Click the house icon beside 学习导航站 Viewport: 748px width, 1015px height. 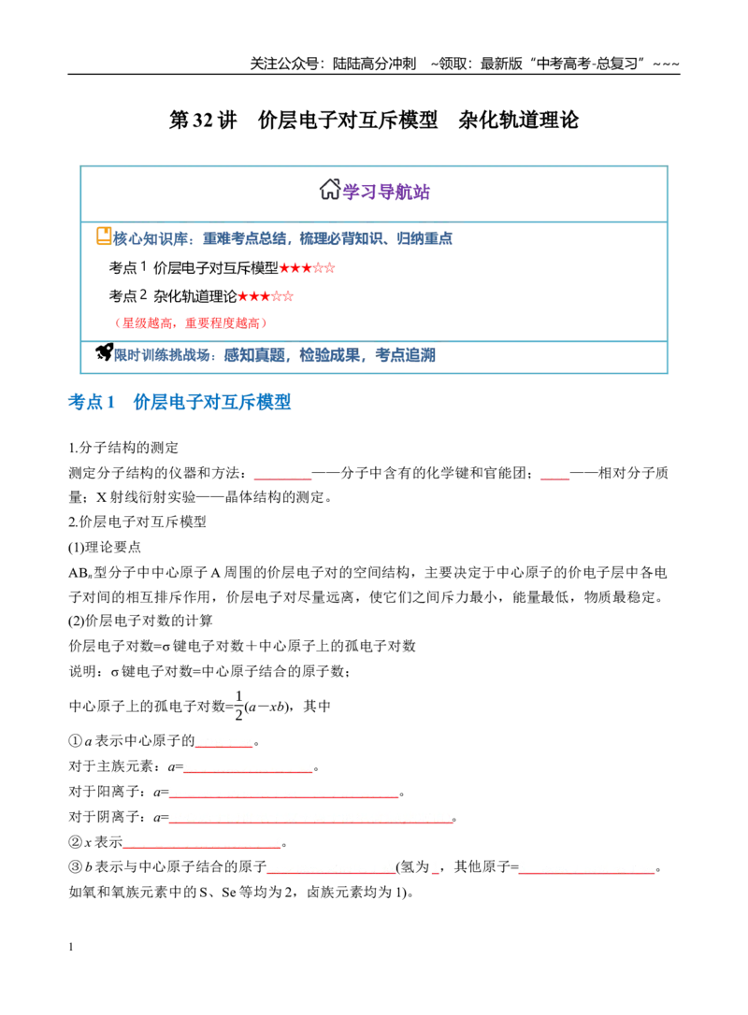(x=330, y=190)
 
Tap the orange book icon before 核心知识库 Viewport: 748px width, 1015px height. (x=104, y=236)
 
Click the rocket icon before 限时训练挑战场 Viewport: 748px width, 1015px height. (x=105, y=352)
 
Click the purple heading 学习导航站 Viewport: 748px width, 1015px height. (x=386, y=192)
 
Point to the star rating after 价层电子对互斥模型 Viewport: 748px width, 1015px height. (x=307, y=267)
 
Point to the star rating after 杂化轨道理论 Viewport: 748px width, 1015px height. (x=266, y=296)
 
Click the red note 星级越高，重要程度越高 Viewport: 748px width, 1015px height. (x=190, y=323)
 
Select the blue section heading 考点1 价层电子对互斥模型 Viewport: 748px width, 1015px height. (x=180, y=402)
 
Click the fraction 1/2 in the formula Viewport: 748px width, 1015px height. (x=239, y=705)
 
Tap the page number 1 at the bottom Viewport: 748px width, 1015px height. (x=70, y=947)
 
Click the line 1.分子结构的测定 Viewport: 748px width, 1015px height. (x=123, y=448)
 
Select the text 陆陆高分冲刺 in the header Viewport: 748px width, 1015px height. (x=374, y=64)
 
